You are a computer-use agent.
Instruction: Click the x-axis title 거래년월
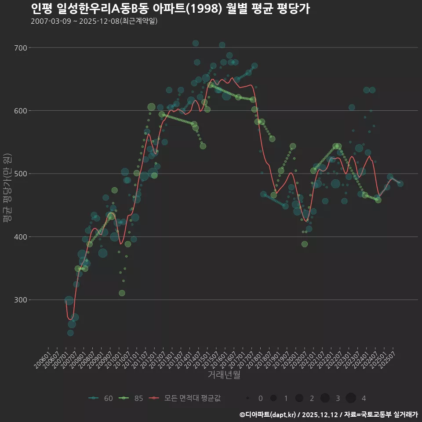click(224, 375)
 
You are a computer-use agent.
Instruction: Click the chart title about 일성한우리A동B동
click(171, 9)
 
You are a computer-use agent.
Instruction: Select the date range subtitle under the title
click(94, 22)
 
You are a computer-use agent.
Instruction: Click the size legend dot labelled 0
click(248, 398)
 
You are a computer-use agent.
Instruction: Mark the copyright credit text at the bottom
click(328, 414)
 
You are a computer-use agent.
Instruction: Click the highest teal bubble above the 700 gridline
click(196, 43)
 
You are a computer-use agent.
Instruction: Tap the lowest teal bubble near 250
click(70, 333)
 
